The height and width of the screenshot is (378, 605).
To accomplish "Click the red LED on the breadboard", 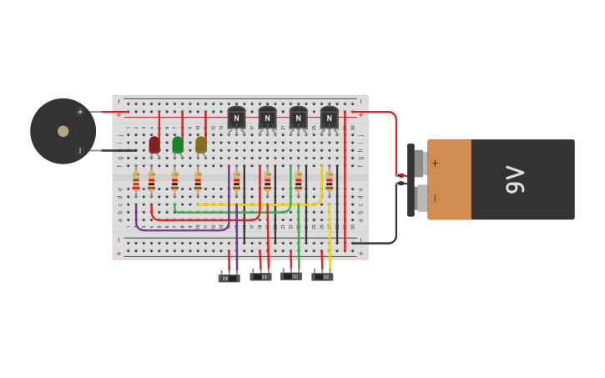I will pos(154,144).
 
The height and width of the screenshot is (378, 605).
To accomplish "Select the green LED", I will pos(178,144).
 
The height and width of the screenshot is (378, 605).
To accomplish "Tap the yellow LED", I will pos(201,144).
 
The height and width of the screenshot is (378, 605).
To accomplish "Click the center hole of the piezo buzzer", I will pos(63,131).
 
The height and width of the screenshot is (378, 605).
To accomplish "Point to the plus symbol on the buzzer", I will pos(80,112).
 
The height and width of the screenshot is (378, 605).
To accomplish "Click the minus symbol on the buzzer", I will pos(80,151).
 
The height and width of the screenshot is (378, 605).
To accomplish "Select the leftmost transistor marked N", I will pos(236,118).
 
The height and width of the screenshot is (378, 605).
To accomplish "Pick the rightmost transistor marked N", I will pos(330,118).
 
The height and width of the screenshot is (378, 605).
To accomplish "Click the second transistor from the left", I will pos(267,118).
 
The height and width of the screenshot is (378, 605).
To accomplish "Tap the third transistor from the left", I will pos(298,118).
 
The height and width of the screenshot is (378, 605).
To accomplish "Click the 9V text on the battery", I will pos(515,179).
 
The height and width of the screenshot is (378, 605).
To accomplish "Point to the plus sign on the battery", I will pos(435,164).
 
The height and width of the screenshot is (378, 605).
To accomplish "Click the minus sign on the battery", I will pos(435,198).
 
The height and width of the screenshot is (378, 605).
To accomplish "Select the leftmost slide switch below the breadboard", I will pos(229,278).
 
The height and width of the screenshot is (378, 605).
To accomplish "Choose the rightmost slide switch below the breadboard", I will pos(322,276).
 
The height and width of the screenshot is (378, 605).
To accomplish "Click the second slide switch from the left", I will pos(260,276).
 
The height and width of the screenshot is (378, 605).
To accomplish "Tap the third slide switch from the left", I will pos(291,275).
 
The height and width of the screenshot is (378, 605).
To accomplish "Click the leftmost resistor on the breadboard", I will pos(136,182).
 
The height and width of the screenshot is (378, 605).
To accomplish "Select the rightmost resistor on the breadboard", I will pos(330,182).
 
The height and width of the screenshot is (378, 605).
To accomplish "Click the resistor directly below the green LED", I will pos(174,182).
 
